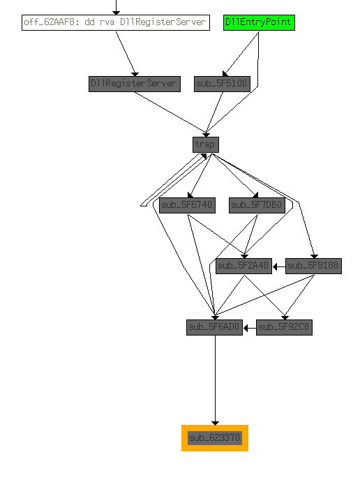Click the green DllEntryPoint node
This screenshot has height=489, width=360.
(x=259, y=22)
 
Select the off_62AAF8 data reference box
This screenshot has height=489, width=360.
(x=116, y=22)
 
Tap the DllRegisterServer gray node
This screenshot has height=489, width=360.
(x=135, y=84)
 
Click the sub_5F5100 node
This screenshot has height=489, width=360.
(x=222, y=84)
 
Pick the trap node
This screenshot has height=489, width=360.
(x=206, y=144)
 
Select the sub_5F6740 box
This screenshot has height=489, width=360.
(x=187, y=205)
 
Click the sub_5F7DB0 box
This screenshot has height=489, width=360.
(x=257, y=205)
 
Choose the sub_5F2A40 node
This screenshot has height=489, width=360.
(x=243, y=266)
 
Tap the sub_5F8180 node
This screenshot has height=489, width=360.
(x=313, y=266)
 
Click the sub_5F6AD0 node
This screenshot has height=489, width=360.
(x=214, y=327)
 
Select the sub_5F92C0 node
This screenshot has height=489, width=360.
(x=284, y=327)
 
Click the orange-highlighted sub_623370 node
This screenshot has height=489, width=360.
(x=215, y=438)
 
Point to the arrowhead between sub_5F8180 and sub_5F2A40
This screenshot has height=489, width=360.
(x=275, y=266)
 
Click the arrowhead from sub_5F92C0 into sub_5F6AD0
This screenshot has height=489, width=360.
(x=246, y=328)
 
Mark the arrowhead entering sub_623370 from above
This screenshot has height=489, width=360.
(x=215, y=423)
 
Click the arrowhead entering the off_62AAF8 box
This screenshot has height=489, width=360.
(x=116, y=13)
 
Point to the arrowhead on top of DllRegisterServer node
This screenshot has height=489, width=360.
(x=135, y=74)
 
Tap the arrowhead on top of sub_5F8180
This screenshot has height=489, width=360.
(x=314, y=256)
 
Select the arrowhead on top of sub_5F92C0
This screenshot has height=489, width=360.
(x=285, y=317)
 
